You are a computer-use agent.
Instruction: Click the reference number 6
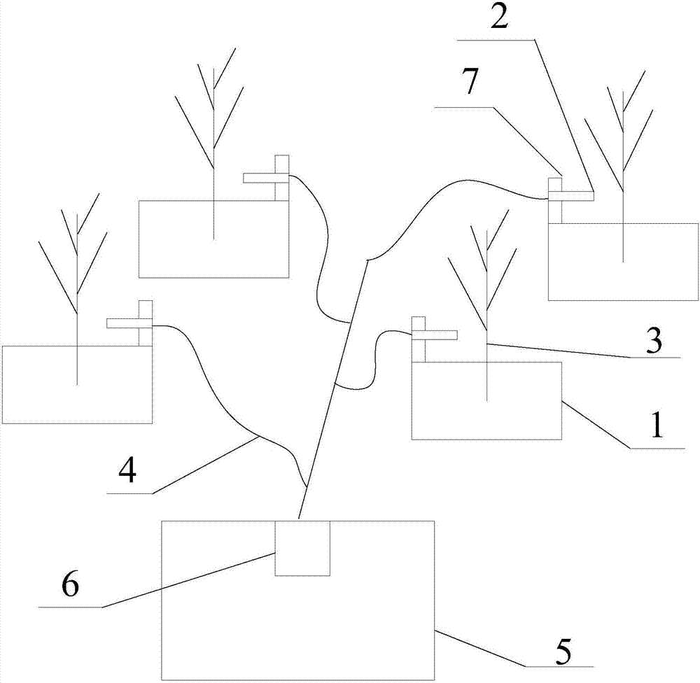(x=70, y=586)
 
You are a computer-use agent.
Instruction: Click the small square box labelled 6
(x=302, y=548)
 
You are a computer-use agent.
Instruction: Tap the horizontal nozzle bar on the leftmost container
(x=123, y=323)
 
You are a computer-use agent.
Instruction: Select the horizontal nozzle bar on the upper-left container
(x=259, y=178)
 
